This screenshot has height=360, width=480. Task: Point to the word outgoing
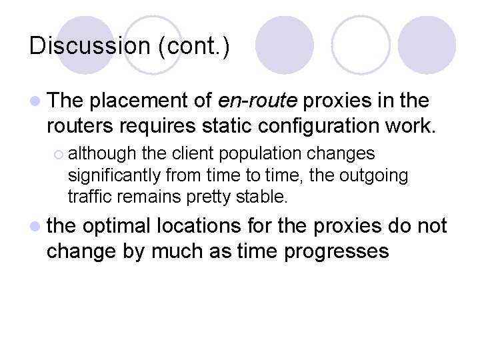pos(375,175)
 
